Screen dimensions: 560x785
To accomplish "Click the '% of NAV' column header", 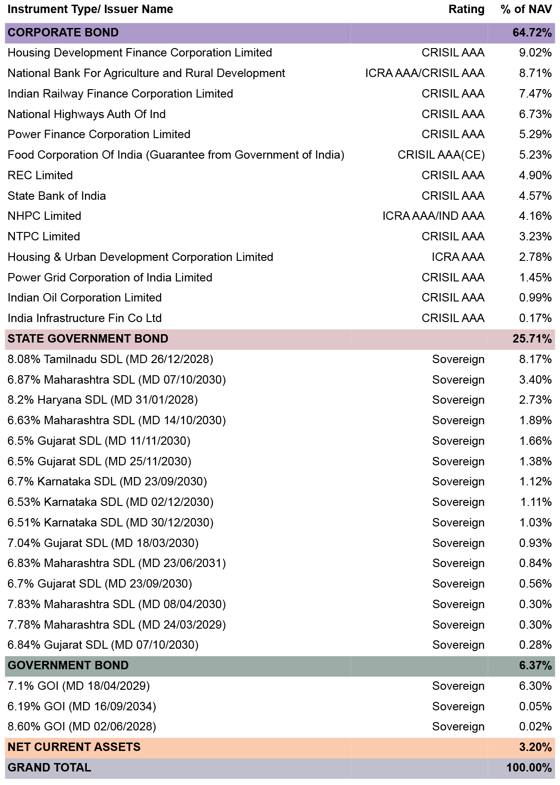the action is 526,9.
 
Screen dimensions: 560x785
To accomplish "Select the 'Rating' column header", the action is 466,9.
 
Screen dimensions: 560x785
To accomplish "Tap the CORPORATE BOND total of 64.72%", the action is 532,33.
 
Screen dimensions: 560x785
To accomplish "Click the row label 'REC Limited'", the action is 40,175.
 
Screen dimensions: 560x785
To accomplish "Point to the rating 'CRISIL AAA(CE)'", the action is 441,155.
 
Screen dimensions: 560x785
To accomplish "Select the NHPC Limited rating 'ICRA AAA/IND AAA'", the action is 433,216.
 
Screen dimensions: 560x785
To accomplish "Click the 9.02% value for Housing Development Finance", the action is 535,53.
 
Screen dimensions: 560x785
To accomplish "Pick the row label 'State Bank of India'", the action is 57,196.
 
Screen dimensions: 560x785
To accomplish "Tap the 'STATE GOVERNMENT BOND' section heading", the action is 88,339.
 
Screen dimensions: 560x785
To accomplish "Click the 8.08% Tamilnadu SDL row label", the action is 111,359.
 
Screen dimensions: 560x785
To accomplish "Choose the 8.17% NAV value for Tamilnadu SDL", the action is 535,359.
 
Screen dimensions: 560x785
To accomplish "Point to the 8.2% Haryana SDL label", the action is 103,400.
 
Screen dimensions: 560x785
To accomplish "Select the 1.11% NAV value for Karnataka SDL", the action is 536,502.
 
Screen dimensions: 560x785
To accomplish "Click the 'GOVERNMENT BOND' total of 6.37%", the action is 535,666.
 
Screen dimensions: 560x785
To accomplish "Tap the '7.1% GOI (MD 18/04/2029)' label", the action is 78,686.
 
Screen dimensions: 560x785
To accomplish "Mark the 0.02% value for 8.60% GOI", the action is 535,727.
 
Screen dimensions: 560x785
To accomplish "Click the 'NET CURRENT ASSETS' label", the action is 74,747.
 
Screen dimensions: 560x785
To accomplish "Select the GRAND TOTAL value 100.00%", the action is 529,768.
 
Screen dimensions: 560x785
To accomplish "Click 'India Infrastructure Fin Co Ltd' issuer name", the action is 84,318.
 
